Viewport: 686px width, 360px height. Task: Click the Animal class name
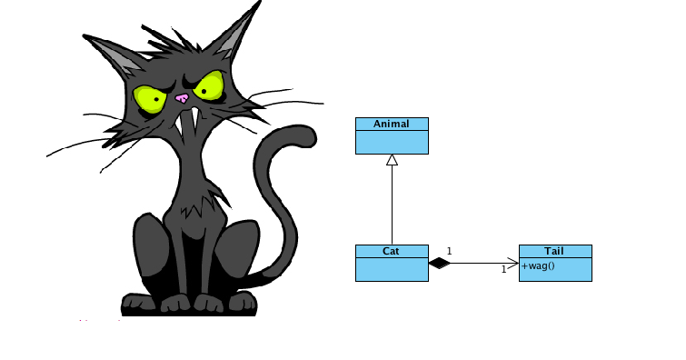(x=392, y=124)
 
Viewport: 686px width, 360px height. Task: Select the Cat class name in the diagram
(x=392, y=251)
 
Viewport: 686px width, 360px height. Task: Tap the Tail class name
(x=554, y=251)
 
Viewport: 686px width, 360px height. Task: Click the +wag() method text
(x=538, y=266)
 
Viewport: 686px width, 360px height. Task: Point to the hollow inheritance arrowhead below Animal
(x=392, y=160)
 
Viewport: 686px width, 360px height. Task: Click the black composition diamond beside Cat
(x=440, y=264)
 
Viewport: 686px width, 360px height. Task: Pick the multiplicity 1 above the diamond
(x=449, y=250)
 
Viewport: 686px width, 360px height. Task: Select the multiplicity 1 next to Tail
(x=503, y=269)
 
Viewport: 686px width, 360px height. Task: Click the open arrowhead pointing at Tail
(x=514, y=264)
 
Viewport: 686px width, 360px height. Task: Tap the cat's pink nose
(x=182, y=98)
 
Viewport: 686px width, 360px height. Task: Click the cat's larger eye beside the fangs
(x=211, y=87)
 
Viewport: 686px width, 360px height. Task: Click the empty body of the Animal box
(x=392, y=142)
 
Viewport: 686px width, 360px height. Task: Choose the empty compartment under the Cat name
(x=392, y=269)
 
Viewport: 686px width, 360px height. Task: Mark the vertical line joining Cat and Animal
(x=392, y=205)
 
